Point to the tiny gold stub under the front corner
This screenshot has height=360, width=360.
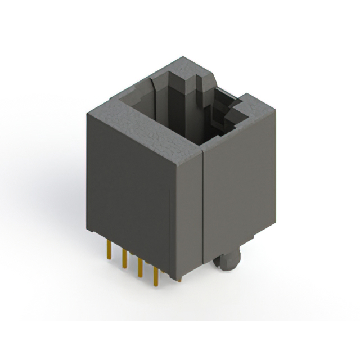pyautogui.click(x=179, y=279)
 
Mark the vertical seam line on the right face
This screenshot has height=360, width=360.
pyautogui.click(x=202, y=214)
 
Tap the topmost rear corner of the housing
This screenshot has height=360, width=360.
pyautogui.click(x=182, y=57)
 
